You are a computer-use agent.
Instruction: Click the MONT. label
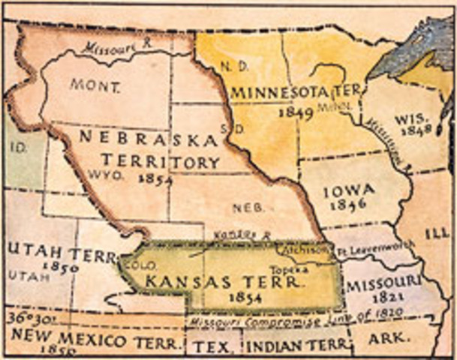tap(95, 85)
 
